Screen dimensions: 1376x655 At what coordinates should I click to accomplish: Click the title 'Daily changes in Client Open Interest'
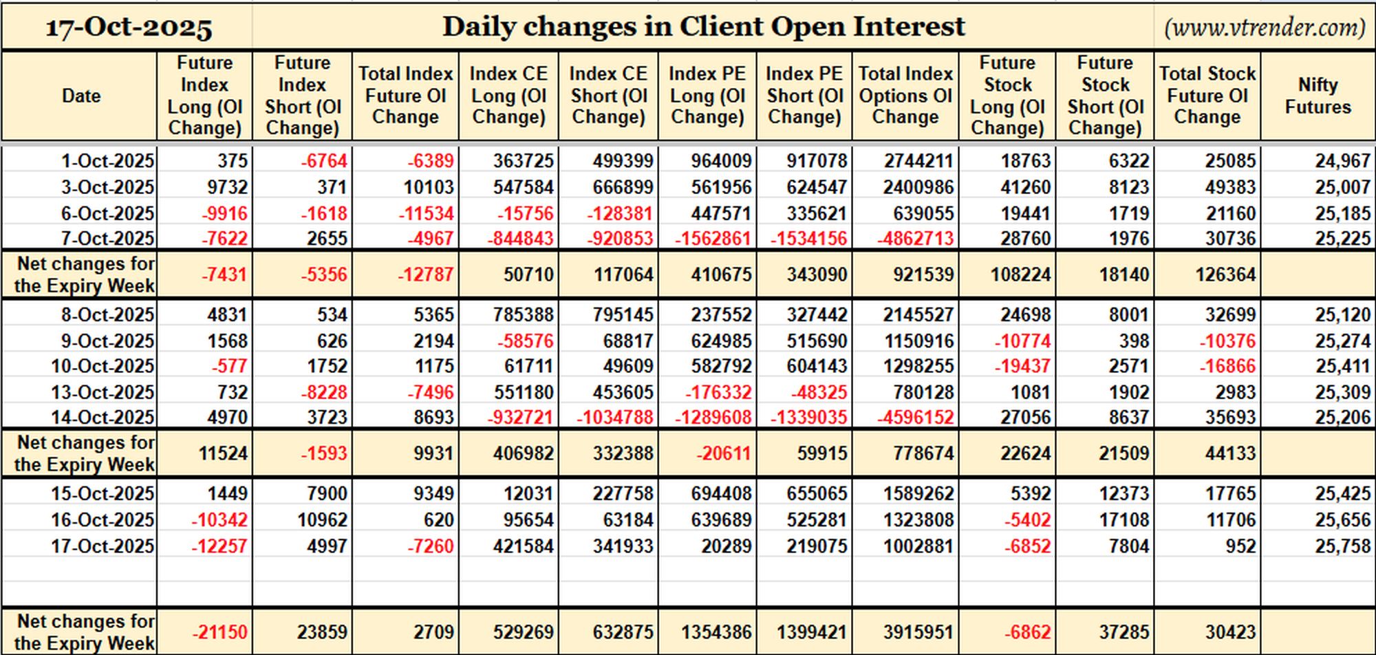click(703, 27)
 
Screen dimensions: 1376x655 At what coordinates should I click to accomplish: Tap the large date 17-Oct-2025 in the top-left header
click(129, 28)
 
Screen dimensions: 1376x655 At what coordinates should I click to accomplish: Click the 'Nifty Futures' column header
click(1318, 96)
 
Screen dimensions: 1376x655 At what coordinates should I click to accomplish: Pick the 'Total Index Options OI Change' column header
click(905, 96)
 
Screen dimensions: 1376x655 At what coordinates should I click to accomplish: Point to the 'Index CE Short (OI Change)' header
click(608, 96)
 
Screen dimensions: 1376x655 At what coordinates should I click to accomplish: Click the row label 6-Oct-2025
click(108, 213)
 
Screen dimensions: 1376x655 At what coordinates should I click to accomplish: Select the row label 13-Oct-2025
click(103, 392)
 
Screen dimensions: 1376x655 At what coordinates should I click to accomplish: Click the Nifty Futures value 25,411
click(1343, 366)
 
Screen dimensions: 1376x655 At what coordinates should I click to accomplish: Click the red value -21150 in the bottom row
click(219, 632)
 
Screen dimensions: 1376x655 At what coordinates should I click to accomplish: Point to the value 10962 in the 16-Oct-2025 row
click(323, 520)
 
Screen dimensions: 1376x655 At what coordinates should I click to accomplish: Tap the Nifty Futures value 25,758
click(1343, 546)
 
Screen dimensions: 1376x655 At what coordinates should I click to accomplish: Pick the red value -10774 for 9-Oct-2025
click(1023, 341)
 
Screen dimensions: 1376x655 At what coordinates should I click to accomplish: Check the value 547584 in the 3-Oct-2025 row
click(523, 187)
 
